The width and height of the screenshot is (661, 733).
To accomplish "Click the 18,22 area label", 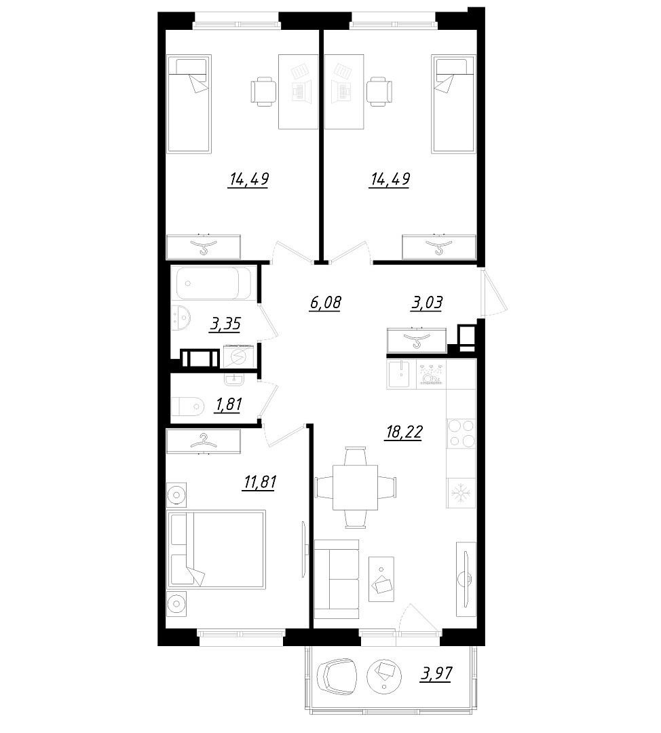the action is coord(403,432).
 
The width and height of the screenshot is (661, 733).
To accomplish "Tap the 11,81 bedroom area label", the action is coord(259,481).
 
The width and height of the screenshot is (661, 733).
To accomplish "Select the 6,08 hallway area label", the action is coord(325,303).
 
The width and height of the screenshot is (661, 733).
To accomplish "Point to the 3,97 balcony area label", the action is coord(436,674).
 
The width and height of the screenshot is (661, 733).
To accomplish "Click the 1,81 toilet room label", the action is coord(227,404).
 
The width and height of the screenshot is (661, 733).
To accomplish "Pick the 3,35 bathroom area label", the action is coord(225,324).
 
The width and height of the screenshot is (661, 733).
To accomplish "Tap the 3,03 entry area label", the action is coord(426,303).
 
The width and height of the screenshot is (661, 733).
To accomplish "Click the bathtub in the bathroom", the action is coord(214,283).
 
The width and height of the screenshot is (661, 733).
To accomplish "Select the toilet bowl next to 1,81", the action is coord(188,406).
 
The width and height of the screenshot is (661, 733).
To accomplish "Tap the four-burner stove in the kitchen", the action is coord(461,433).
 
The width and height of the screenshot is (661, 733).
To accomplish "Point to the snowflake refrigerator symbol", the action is coord(461,493).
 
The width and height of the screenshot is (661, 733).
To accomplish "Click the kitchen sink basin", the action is coord(401,374).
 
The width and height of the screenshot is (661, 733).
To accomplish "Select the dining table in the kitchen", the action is coord(356,487).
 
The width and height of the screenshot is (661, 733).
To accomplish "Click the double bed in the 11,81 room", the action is coord(216,549).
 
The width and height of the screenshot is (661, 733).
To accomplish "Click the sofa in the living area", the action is coord(337,580).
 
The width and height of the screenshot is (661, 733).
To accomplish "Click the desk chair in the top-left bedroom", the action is coord(263,92).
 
